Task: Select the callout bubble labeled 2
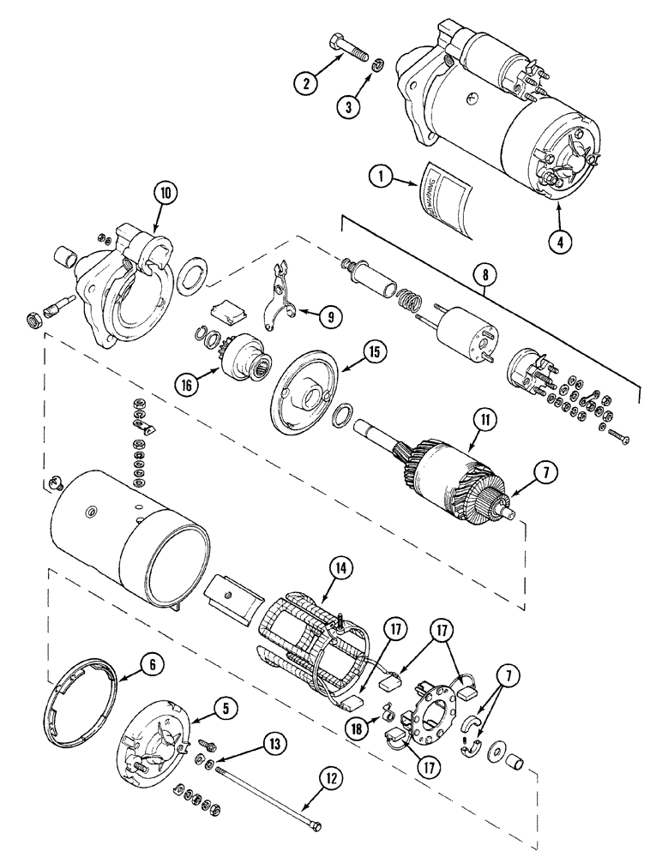(304, 84)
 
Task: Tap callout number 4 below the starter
(559, 242)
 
